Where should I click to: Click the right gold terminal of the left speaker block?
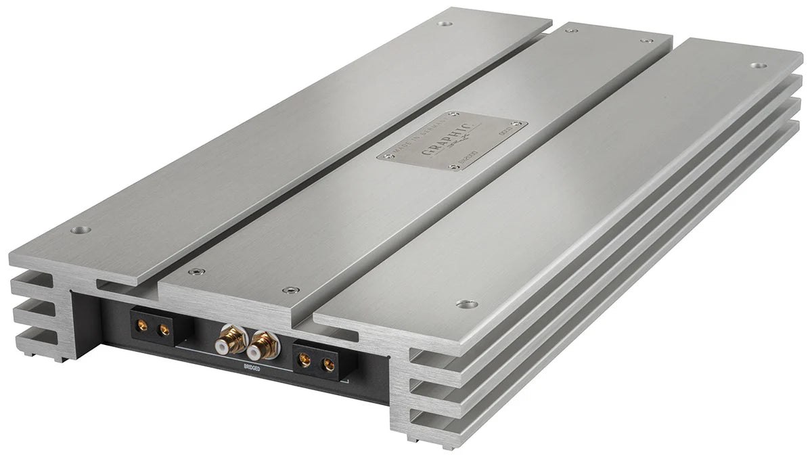coord(163,331)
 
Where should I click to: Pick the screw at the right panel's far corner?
coord(757,66)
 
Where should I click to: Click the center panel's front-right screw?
coord(291,290)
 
